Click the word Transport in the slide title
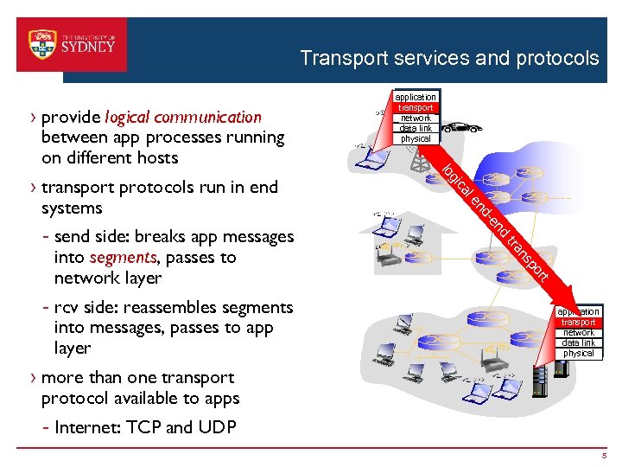tap(343, 58)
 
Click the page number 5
tap(606, 456)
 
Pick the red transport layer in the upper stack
tap(416, 107)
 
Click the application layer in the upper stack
tap(416, 97)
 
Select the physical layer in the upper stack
tap(416, 138)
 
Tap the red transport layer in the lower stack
tap(579, 322)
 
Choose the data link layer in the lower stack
tap(579, 342)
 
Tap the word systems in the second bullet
tap(72, 208)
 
